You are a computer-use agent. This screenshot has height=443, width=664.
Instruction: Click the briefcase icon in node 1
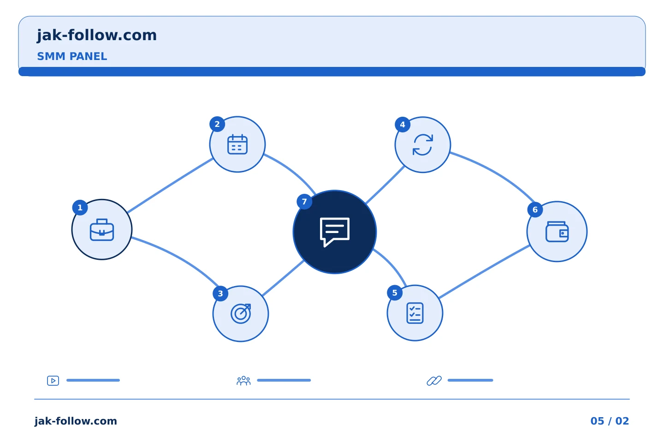(x=101, y=230)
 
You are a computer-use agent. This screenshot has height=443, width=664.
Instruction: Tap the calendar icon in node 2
(x=237, y=144)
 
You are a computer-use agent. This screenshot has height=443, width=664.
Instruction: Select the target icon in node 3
(x=241, y=313)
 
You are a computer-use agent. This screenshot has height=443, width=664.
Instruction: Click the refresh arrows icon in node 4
(x=423, y=144)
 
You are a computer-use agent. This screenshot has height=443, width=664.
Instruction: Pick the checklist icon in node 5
(x=415, y=313)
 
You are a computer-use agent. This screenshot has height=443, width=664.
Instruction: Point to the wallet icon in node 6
(x=557, y=232)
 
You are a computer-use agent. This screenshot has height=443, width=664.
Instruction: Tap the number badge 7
(x=304, y=202)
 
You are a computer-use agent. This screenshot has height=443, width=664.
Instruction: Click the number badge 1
(x=80, y=207)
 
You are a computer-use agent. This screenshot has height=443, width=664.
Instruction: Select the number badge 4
(x=402, y=125)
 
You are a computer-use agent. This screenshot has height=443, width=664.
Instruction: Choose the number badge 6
(x=535, y=210)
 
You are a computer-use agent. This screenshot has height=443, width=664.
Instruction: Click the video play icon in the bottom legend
(x=53, y=380)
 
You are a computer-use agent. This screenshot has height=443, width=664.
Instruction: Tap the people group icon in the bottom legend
(x=243, y=380)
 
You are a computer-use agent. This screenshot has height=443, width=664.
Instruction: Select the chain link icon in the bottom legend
(x=434, y=380)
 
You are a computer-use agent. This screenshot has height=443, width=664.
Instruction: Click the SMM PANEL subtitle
(x=72, y=56)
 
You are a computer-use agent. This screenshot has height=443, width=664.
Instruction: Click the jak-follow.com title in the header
(x=97, y=36)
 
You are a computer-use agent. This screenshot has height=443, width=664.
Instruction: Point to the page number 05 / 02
(x=610, y=421)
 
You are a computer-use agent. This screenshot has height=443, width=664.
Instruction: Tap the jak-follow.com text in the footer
(x=76, y=421)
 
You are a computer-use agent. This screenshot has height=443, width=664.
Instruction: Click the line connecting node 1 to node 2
(x=170, y=186)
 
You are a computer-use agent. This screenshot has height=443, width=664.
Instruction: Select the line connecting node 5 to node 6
(x=484, y=271)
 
